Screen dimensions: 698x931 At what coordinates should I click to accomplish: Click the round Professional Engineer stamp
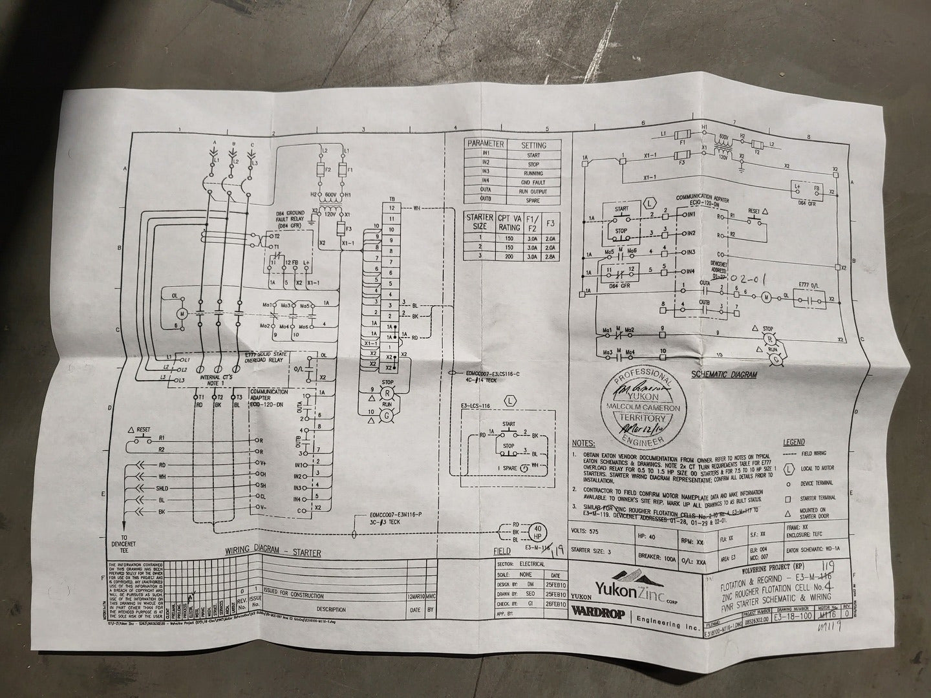pyautogui.click(x=636, y=409)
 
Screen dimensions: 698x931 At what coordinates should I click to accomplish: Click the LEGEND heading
pyautogui.click(x=793, y=443)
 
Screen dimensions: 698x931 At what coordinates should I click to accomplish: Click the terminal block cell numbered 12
pyautogui.click(x=391, y=208)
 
